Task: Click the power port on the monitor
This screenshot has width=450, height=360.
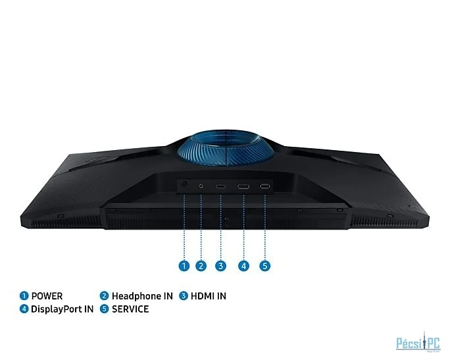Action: (x=184, y=184)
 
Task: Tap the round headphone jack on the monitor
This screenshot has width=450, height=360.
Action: (x=201, y=186)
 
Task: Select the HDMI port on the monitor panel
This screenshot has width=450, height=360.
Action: (x=220, y=187)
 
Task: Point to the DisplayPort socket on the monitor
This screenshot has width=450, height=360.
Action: (x=243, y=187)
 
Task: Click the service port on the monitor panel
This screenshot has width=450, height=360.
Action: (x=265, y=187)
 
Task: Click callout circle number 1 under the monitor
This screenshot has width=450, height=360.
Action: (x=184, y=266)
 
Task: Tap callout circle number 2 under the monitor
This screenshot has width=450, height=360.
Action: (x=201, y=266)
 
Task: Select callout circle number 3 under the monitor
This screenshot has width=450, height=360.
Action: (x=220, y=266)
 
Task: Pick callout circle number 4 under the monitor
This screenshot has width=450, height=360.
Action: (x=243, y=266)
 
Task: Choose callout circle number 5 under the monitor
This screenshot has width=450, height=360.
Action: (x=265, y=266)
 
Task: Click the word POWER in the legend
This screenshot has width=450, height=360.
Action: (x=47, y=296)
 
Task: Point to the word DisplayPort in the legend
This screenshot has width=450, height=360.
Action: (x=53, y=309)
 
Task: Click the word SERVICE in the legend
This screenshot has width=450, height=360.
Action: (x=130, y=309)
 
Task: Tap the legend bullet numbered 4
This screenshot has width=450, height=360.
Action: (x=24, y=309)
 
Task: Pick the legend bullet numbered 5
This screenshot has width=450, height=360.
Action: (x=104, y=309)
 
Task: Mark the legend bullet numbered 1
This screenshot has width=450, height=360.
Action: (x=24, y=296)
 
